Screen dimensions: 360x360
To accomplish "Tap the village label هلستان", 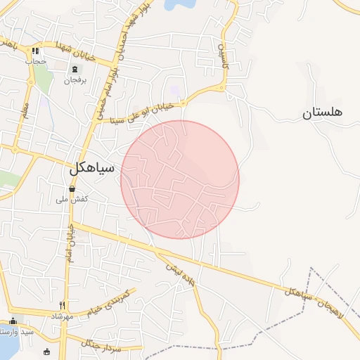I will [322, 112].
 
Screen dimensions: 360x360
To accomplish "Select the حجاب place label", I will [35, 61].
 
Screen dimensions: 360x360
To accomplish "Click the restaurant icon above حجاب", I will [35, 51].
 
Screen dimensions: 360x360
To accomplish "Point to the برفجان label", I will [75, 80].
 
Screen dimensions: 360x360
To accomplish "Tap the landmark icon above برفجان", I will [75, 69].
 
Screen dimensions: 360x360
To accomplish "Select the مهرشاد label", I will [62, 316].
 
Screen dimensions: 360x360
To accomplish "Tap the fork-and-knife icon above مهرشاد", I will [62, 306].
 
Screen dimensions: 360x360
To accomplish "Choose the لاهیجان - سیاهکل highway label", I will [313, 300].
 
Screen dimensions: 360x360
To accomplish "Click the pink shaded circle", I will [180, 179].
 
